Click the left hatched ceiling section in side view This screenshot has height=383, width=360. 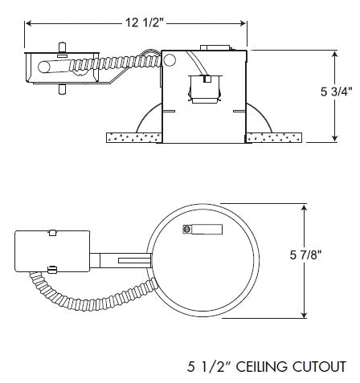[129, 138]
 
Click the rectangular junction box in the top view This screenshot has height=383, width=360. [52, 251]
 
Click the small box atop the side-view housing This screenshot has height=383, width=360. [211, 50]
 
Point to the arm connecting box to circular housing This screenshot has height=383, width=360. [121, 260]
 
